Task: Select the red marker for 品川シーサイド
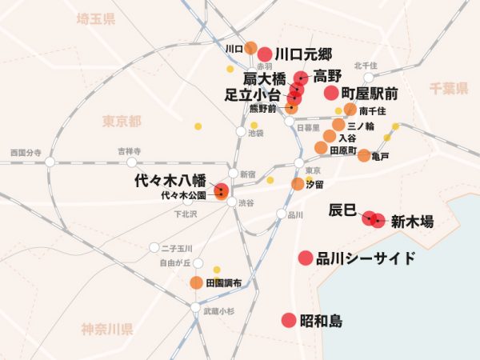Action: [305, 258]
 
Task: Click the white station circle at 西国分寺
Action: [50, 162]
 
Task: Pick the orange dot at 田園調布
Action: [196, 282]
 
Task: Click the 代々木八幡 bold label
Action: [170, 181]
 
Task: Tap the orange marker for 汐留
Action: [298, 184]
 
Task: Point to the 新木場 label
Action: [412, 223]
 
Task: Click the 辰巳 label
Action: [342, 210]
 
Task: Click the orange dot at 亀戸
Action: [364, 155]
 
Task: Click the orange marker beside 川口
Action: [250, 48]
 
